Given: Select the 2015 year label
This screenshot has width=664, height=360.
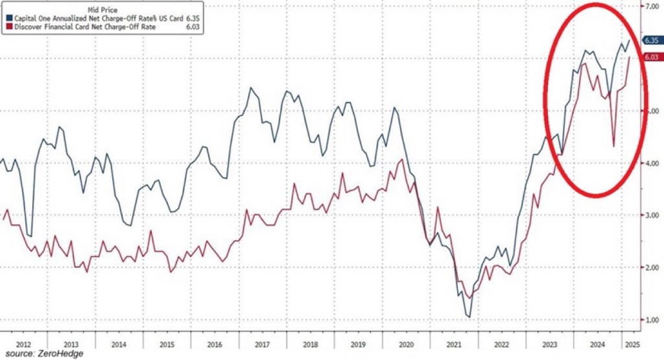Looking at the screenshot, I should click(167, 344).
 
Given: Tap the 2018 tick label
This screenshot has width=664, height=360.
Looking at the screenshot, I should click(311, 344).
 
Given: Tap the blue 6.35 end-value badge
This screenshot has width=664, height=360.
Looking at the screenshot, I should click(651, 40).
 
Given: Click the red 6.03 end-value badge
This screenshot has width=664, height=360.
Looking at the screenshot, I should click(651, 57).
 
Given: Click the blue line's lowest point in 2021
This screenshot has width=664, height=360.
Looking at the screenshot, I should click(469, 317).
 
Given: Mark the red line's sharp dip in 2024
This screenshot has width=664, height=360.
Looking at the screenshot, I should click(614, 147).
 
